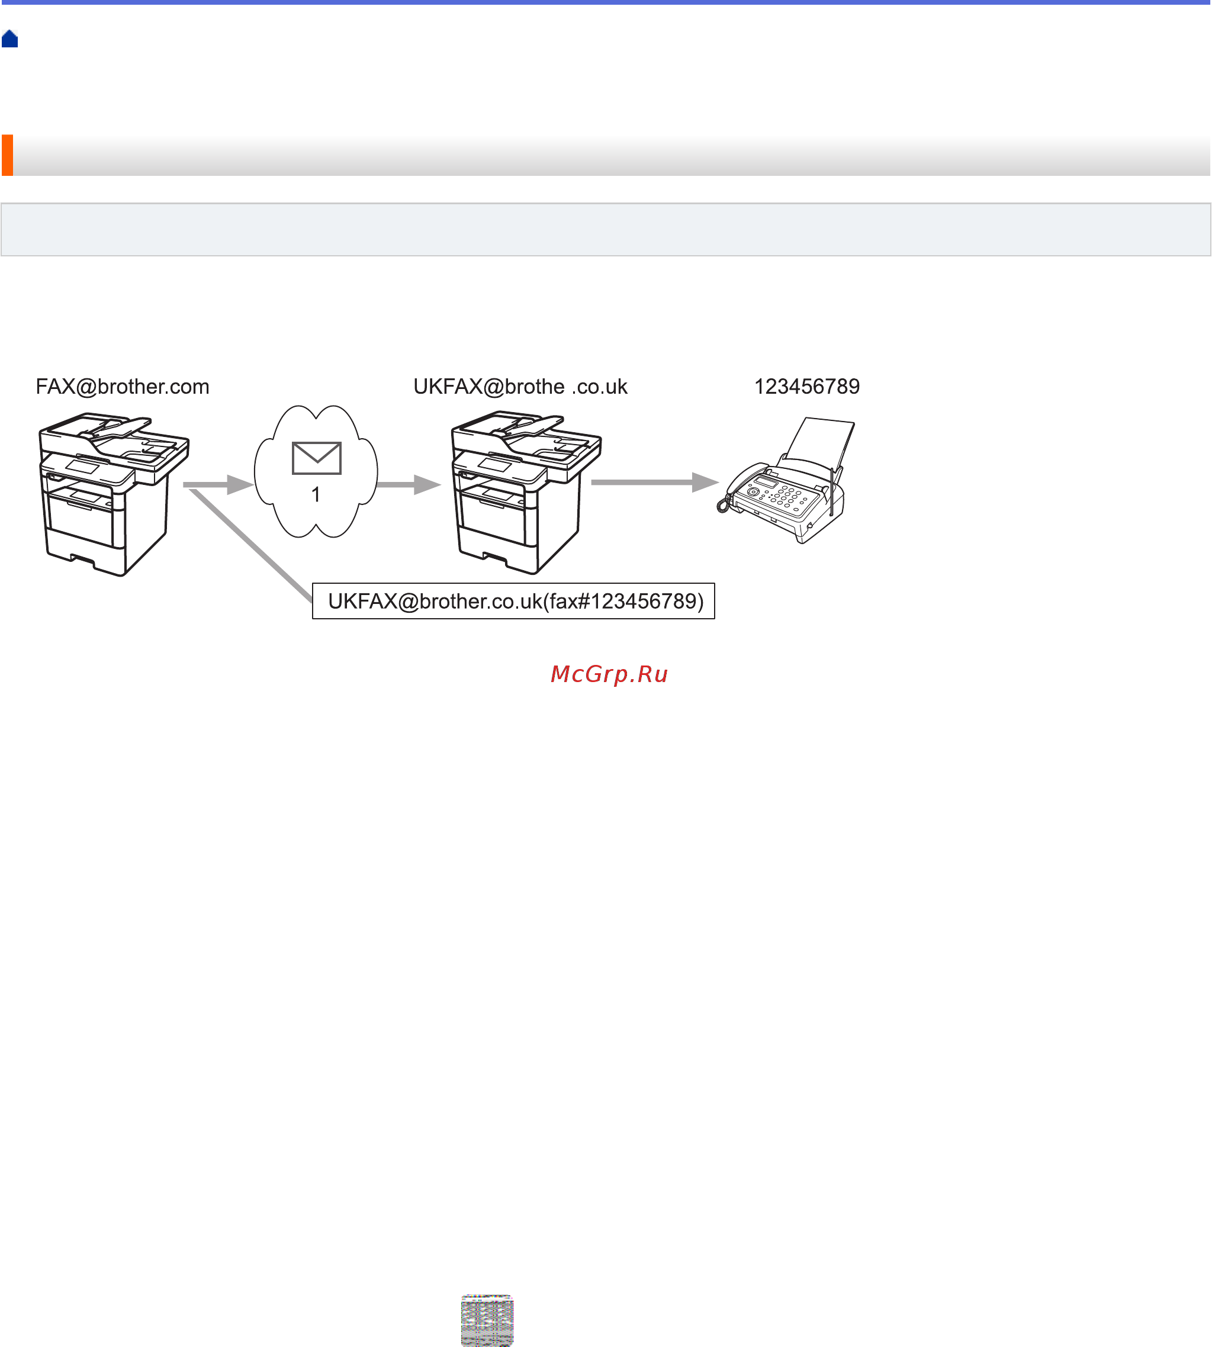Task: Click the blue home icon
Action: coord(10,39)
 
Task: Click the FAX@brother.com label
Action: coord(123,387)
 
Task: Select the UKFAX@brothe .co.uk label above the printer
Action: coord(520,387)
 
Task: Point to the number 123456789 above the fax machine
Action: coord(806,387)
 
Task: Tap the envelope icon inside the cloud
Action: coord(316,458)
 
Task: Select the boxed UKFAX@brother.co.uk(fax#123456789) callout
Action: coord(513,601)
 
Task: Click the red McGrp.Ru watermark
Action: coord(609,674)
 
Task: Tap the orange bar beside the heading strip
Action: coord(7,155)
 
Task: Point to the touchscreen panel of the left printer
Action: coord(82,466)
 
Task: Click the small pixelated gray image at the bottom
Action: coord(487,1320)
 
